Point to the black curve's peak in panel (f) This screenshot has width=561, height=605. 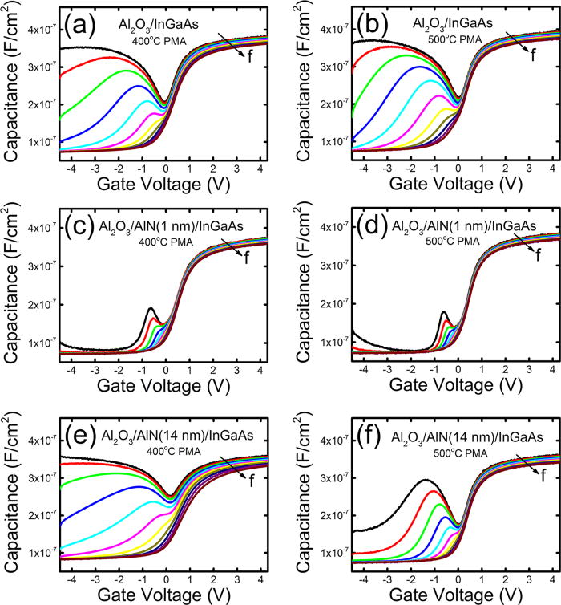[425, 481]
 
